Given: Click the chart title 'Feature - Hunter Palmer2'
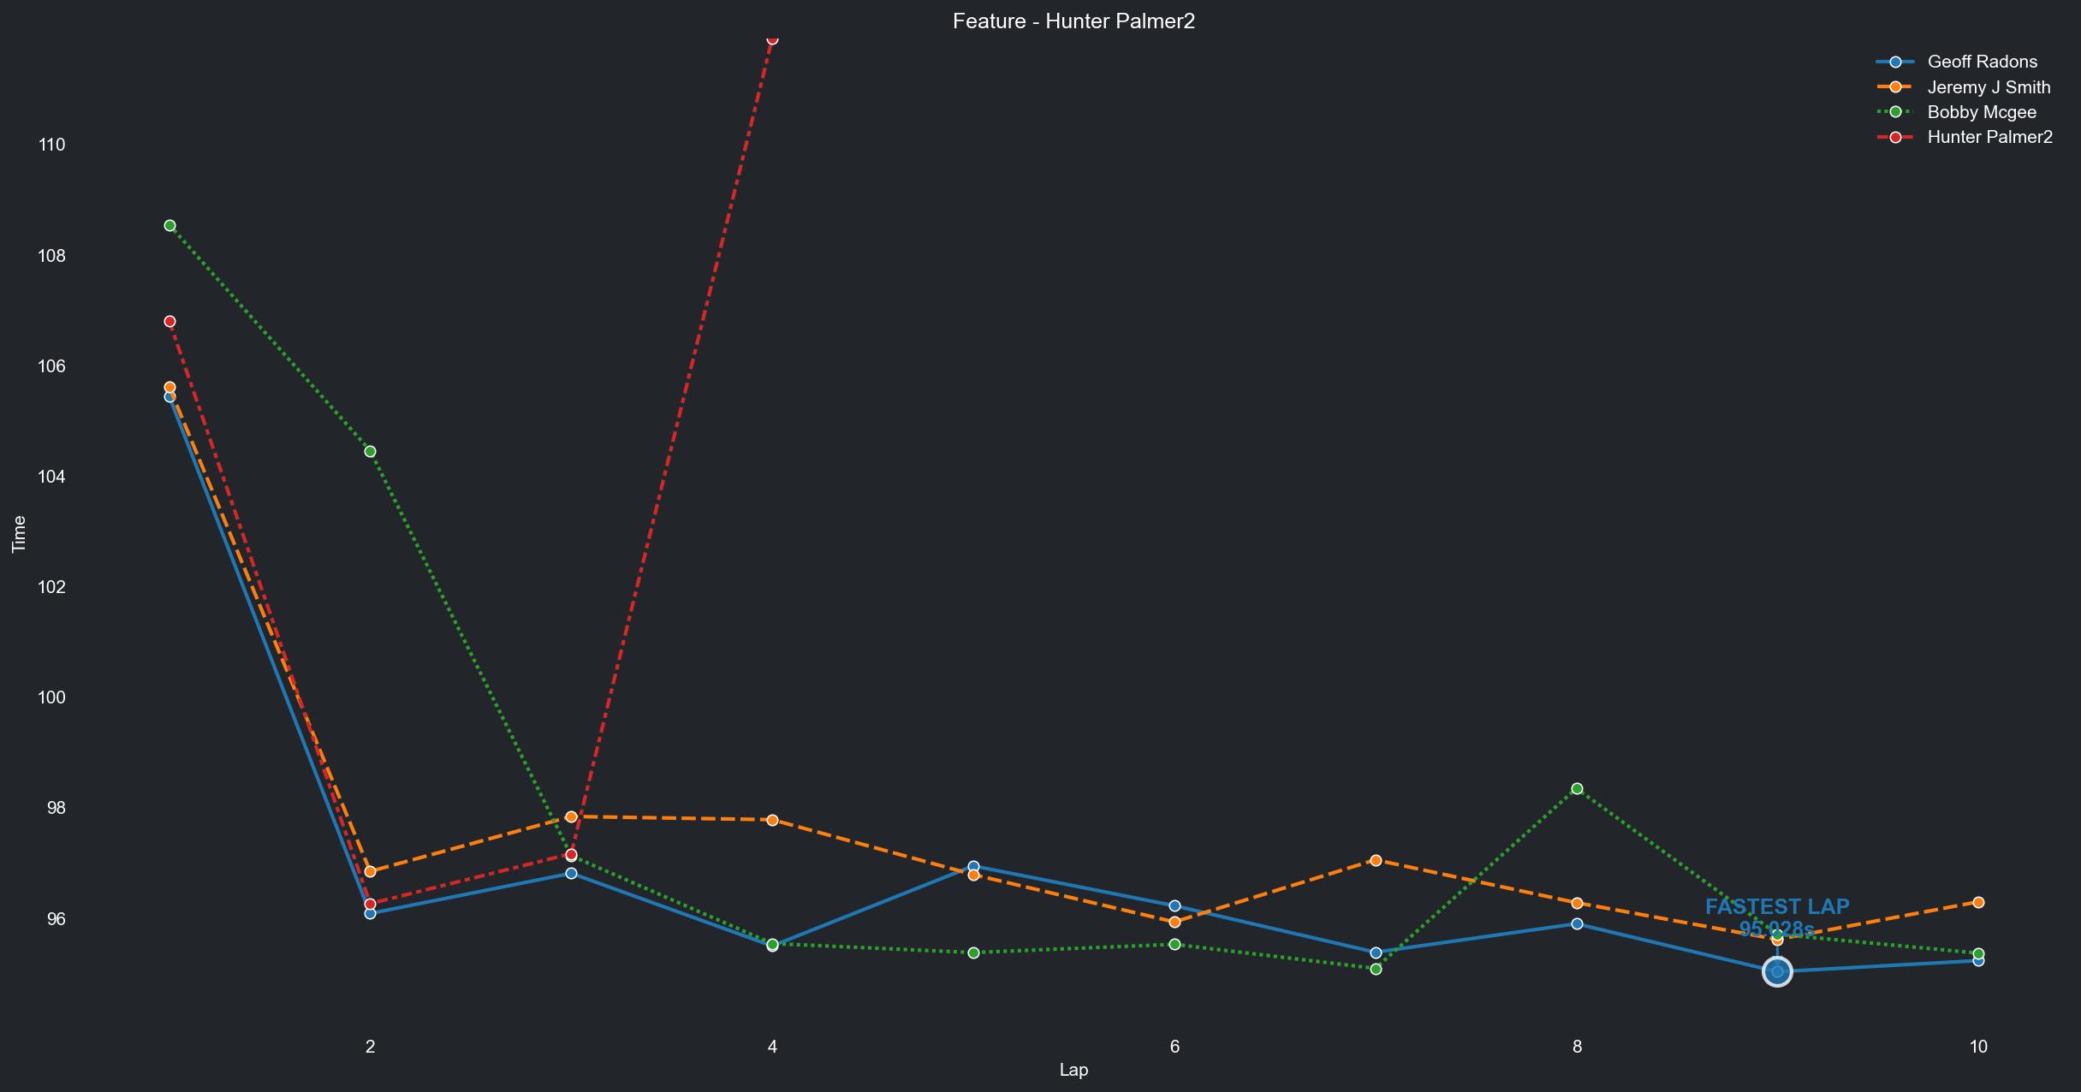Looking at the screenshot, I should (x=1073, y=21).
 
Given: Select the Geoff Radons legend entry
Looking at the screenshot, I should (x=1982, y=62).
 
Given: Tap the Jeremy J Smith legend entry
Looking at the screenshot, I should (x=1989, y=87).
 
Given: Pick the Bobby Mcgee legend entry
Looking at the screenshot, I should (x=1981, y=112).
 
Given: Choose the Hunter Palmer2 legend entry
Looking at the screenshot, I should (x=1989, y=137).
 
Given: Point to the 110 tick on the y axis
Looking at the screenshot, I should (x=52, y=145).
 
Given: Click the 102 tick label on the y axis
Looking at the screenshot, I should (x=52, y=587).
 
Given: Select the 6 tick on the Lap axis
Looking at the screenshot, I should (x=1174, y=1046).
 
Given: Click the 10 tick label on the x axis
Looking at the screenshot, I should (x=1978, y=1046).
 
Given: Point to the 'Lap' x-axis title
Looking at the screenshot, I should (x=1073, y=1070).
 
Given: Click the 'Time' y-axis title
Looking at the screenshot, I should (x=19, y=534).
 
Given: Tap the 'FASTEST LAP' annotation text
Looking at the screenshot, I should (x=1777, y=907).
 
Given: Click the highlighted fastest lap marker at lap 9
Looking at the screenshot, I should (x=1777, y=971).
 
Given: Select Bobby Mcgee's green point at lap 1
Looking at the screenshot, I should (x=169, y=226).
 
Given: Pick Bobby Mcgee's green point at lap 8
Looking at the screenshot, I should (x=1577, y=789).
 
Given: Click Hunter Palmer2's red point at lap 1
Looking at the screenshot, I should (x=169, y=322).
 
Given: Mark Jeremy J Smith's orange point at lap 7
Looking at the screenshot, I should (x=1376, y=860).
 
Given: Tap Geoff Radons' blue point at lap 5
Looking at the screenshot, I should (x=973, y=867).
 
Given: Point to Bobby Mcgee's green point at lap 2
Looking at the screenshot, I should (x=370, y=452).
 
